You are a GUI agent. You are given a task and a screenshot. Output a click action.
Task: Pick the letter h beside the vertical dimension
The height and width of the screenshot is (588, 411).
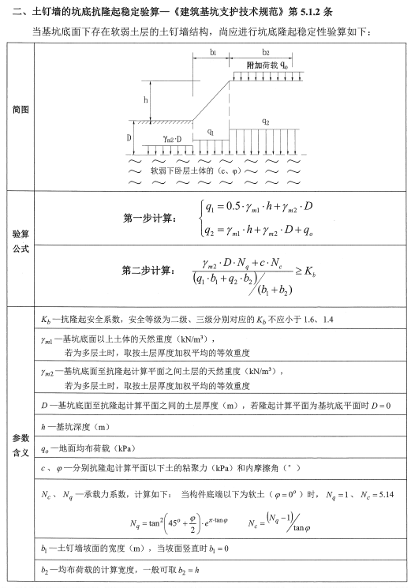(145, 100)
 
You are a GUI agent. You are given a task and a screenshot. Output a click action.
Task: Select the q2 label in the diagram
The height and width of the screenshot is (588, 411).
(265, 124)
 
